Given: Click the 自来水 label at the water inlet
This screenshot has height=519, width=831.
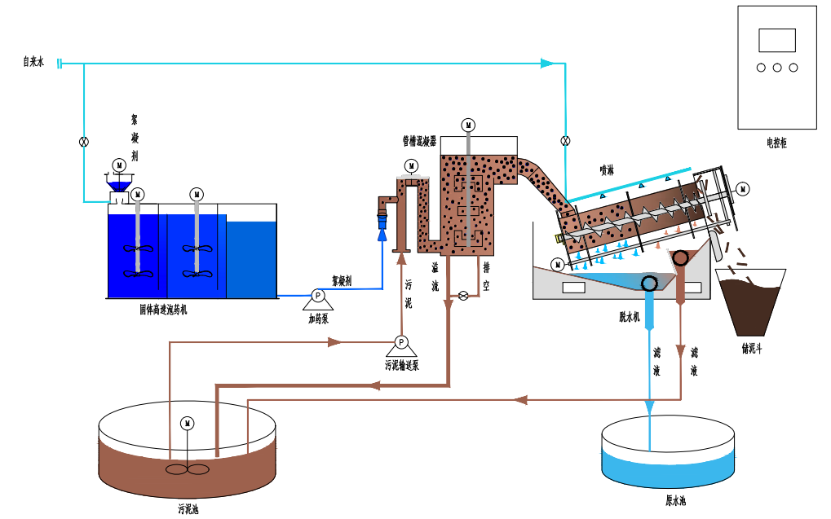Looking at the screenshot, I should coord(33,62).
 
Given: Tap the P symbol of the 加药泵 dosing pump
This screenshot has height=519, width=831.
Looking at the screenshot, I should coord(318,295).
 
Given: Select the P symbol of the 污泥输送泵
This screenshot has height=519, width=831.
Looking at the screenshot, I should coord(400,341).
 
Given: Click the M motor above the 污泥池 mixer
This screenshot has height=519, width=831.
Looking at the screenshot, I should coord(187,423).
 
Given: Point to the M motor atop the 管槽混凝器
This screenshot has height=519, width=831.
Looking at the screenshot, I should coord(468,125).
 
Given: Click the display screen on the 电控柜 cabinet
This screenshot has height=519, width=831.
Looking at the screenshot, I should coord(776,40).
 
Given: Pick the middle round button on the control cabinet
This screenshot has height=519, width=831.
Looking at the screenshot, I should coord(776,68).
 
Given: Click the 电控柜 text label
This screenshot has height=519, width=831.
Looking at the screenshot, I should coord(776,143).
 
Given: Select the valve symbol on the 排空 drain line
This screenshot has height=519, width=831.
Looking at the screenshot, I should coord(463,295).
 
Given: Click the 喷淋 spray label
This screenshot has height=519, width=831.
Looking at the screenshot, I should coord(607,170).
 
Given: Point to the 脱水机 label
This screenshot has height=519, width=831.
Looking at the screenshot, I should coord(630,314).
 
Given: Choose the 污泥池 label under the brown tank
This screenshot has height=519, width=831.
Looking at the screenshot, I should coord(188,510).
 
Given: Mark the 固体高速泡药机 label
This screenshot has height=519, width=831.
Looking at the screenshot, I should coord(163,310).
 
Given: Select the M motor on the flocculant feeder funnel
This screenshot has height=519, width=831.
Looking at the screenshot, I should coord(119,165).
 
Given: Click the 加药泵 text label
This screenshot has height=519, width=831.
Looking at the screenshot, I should coord(318,319).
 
